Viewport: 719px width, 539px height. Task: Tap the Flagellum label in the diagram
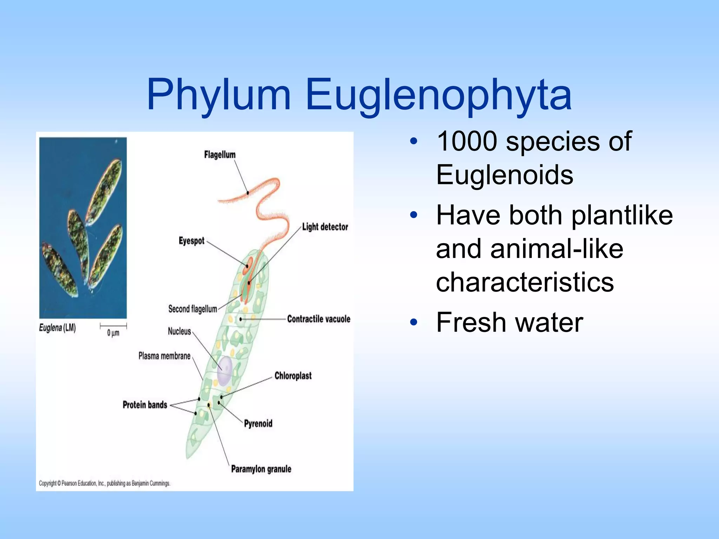[220, 154]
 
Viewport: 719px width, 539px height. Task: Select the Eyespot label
[191, 241]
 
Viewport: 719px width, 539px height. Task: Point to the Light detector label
[325, 227]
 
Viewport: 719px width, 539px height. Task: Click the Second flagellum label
[192, 309]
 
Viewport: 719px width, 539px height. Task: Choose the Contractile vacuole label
[318, 319]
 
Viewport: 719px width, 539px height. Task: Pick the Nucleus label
[179, 331]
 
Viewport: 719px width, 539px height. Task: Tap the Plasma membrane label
[164, 356]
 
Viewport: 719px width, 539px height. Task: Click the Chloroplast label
[293, 375]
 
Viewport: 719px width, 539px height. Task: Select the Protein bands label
[145, 405]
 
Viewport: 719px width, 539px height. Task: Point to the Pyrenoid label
[258, 423]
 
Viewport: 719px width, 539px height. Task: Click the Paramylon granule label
[261, 469]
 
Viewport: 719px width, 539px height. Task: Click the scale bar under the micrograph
[113, 326]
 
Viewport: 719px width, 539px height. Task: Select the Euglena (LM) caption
[57, 328]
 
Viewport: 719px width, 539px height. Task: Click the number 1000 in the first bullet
[467, 141]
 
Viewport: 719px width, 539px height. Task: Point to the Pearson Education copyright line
[104, 483]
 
